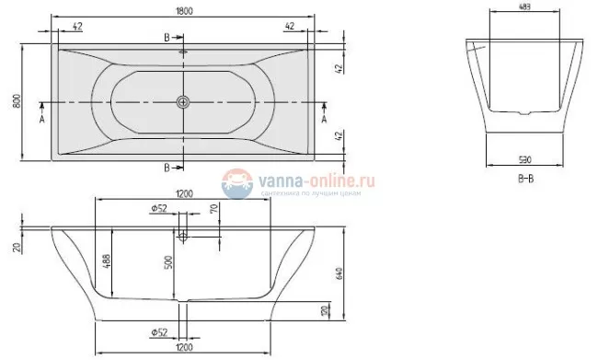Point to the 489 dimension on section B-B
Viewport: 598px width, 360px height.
pyautogui.click(x=523, y=6)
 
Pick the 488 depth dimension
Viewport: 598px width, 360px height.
pyautogui.click(x=109, y=261)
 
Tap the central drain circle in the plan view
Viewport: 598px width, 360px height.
pyautogui.click(x=184, y=100)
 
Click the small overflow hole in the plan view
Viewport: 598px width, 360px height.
pyautogui.click(x=184, y=52)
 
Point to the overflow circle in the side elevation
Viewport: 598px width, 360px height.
pyautogui.click(x=184, y=236)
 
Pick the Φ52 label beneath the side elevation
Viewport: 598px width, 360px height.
pyautogui.click(x=157, y=332)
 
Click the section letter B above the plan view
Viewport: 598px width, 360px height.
pyautogui.click(x=166, y=36)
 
